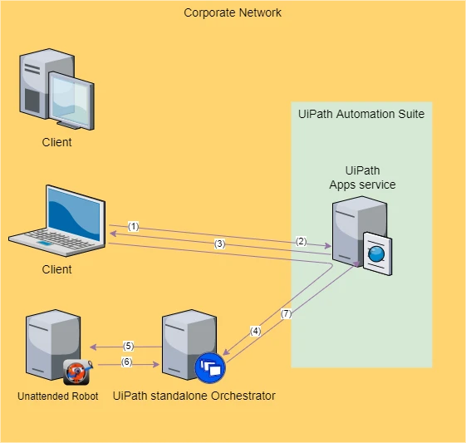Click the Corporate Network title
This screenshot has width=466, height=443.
[x=233, y=12]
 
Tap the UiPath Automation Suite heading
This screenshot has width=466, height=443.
[x=361, y=114]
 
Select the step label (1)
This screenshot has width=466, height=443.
[x=134, y=227]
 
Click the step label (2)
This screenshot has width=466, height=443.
[x=301, y=241]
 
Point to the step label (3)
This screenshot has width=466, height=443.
[x=219, y=244]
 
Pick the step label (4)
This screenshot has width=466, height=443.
[x=255, y=331]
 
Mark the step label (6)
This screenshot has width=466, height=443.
[x=126, y=362]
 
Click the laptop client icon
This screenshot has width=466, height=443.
[x=58, y=221]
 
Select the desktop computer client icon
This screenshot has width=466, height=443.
[x=56, y=89]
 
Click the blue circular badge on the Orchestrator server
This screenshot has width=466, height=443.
[x=210, y=367]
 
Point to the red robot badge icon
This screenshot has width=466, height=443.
[x=77, y=372]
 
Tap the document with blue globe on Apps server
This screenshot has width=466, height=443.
[x=377, y=253]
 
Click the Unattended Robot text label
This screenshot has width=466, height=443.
[x=57, y=396]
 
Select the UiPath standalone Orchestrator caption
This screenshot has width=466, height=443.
[x=194, y=396]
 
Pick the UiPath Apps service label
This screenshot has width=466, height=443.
[x=362, y=178]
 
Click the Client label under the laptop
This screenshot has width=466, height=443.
[x=56, y=269]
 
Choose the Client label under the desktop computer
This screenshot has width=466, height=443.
[x=56, y=142]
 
